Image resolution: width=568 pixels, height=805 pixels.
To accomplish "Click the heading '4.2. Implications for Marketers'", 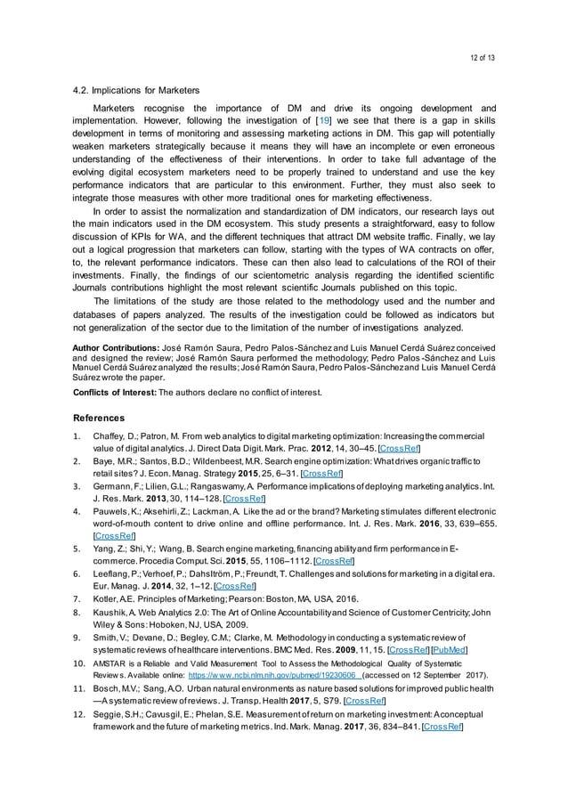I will [x=135, y=90].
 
